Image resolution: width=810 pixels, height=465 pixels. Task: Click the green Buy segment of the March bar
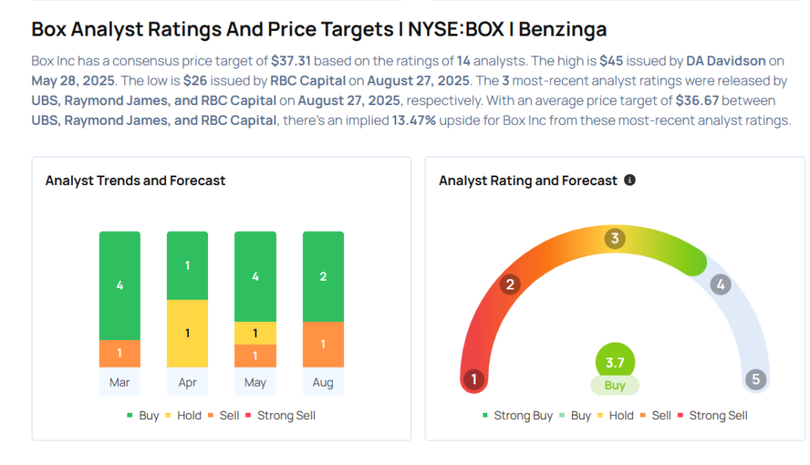[119, 285]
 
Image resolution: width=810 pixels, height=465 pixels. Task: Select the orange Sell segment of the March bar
[119, 353]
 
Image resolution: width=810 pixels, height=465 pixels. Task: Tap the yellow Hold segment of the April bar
[187, 333]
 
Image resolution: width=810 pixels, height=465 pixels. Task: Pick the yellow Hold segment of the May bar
[255, 333]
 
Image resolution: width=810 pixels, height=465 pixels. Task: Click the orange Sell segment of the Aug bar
[323, 344]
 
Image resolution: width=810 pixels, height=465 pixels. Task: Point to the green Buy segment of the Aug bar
[323, 276]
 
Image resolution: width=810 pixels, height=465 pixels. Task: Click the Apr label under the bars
[187, 383]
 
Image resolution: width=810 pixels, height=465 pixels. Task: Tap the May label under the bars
[255, 383]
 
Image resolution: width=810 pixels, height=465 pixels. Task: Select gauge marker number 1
[474, 380]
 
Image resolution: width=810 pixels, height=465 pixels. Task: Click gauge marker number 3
[615, 239]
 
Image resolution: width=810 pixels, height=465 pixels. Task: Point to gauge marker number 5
[755, 380]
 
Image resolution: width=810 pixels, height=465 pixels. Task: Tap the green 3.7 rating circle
[615, 363]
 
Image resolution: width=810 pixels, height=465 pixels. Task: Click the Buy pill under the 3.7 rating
[615, 386]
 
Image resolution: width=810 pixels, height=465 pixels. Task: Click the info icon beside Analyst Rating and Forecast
[630, 180]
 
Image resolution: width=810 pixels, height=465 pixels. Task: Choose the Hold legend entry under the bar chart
[183, 415]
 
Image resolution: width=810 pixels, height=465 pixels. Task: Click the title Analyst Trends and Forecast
[135, 180]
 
